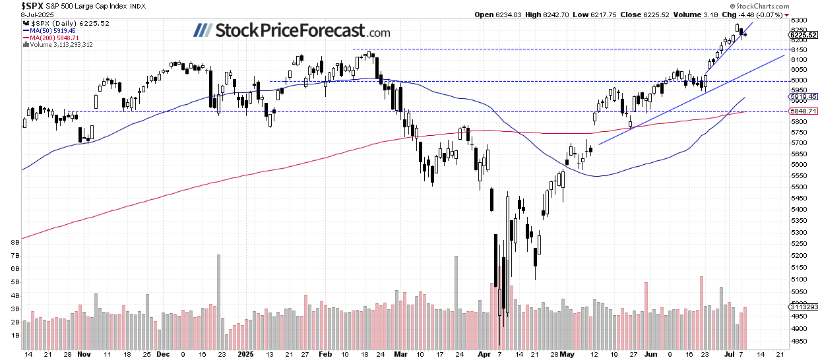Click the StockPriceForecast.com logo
[292, 31]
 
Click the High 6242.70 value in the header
[544, 14]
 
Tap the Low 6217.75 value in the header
[596, 14]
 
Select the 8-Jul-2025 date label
[18, 14]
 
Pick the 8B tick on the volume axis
[14, 243]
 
